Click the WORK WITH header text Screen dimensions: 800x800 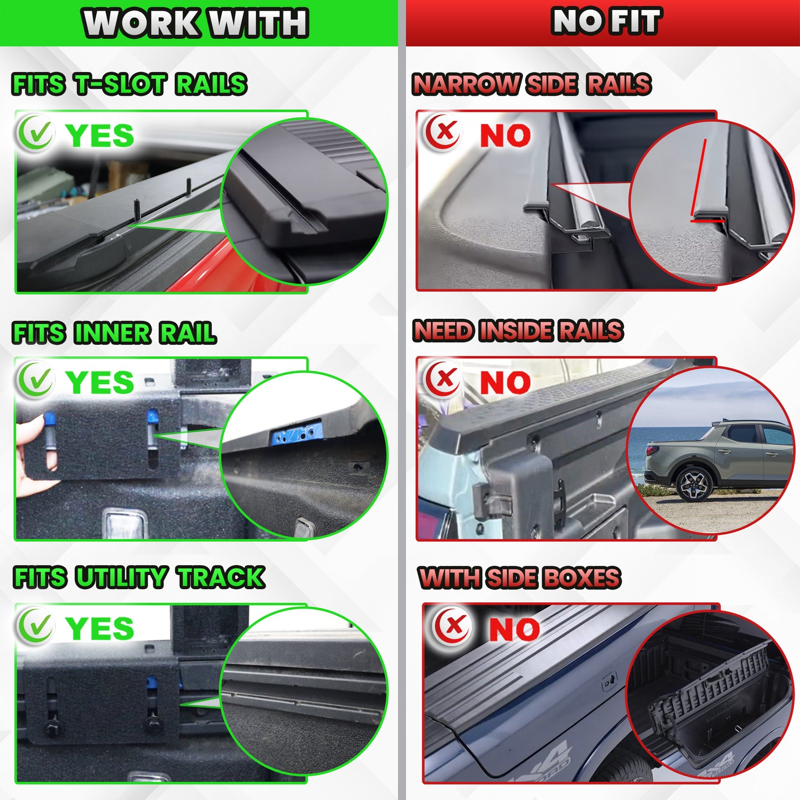coord(195,23)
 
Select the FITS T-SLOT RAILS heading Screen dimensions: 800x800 coord(130,84)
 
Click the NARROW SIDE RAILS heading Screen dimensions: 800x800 coord(532,84)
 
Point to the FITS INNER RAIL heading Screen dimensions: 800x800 coord(114,333)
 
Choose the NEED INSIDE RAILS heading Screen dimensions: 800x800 coord(518,331)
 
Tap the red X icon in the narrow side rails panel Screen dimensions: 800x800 coord(443,132)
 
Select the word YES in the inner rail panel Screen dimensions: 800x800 coord(100,383)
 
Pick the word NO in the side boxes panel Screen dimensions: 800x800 coord(515,629)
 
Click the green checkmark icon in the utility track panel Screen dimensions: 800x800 coord(35,626)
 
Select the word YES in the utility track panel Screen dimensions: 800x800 coord(100,628)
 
